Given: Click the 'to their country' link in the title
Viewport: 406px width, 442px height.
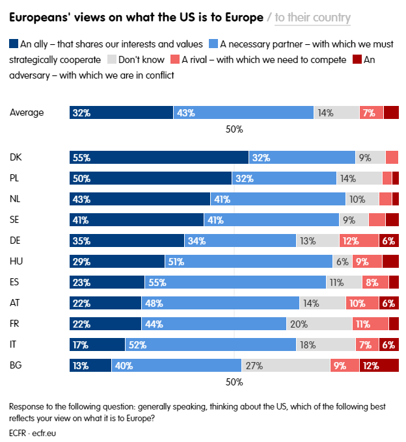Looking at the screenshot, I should [x=312, y=18].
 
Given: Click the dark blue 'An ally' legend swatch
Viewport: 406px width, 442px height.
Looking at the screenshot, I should [x=14, y=44].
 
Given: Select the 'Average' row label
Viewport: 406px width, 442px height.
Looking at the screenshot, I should [x=27, y=112].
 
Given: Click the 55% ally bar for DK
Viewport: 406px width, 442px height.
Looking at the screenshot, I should [x=159, y=157].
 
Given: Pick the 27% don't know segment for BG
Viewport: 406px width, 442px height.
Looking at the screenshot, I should [x=286, y=365].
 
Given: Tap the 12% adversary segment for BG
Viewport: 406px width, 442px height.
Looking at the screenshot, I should [x=379, y=365].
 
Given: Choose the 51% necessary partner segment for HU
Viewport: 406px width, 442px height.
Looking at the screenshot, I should [x=249, y=261].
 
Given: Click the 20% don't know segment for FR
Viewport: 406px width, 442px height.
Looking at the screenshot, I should [x=319, y=324].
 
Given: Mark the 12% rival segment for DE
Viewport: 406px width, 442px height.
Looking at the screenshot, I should [x=359, y=240].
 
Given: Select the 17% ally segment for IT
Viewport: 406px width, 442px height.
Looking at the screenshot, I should [x=97, y=344].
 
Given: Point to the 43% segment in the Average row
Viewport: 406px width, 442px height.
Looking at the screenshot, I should [x=243, y=112].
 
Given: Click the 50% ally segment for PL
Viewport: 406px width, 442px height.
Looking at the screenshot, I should [x=150, y=178].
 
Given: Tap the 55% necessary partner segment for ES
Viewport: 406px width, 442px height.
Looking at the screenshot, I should [x=235, y=282].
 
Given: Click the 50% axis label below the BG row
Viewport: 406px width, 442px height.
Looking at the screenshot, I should [x=234, y=382].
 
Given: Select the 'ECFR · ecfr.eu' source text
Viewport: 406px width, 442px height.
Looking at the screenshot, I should [x=33, y=432].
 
